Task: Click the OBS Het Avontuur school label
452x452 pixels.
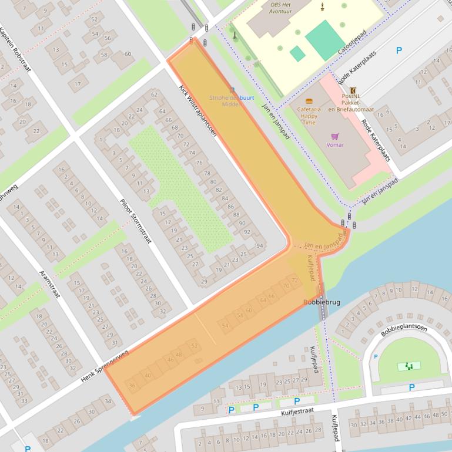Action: pos(282,6)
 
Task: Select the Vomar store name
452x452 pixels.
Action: pos(334,144)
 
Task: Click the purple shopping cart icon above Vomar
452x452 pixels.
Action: pos(334,136)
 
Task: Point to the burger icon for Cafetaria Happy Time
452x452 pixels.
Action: pos(309,101)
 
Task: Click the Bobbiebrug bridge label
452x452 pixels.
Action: pos(322,302)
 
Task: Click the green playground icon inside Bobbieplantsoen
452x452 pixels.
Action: pos(409,366)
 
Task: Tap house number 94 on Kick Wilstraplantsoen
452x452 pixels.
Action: pos(260,245)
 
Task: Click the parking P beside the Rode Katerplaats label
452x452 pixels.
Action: pos(399,51)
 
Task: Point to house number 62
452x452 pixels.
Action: pos(155,94)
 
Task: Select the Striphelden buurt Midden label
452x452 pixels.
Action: pos(232,100)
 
